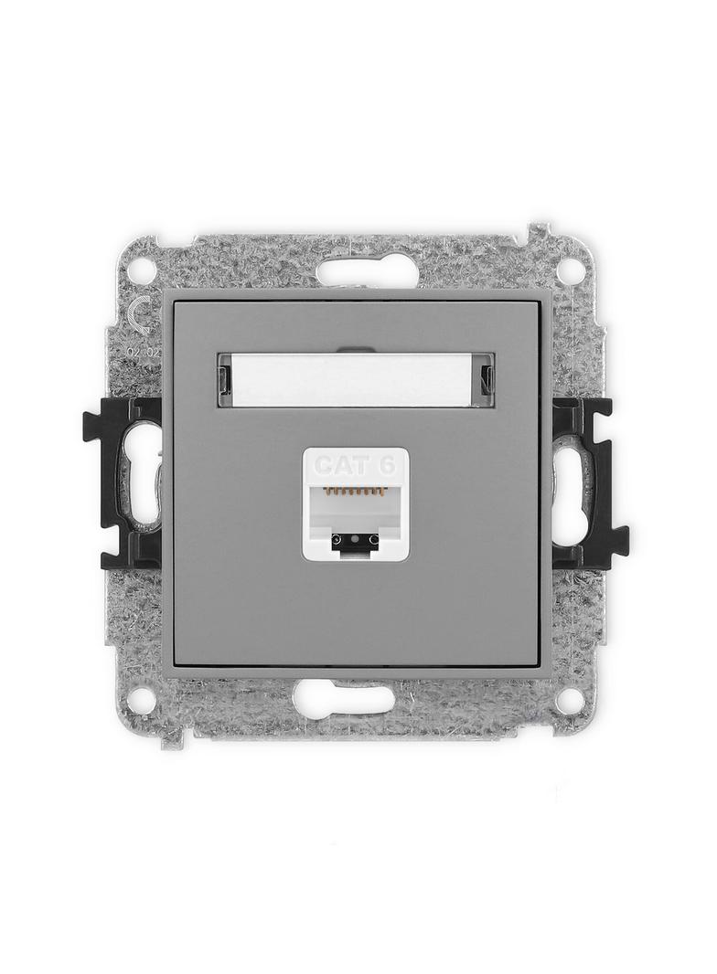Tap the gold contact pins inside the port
(x=355, y=492)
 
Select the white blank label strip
(x=356, y=378)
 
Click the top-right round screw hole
(x=570, y=270)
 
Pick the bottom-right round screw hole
(x=570, y=701)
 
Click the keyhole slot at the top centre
(x=367, y=270)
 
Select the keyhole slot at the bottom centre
(x=344, y=699)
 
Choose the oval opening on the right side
(x=569, y=484)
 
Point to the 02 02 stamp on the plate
(x=141, y=351)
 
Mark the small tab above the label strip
(x=356, y=349)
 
